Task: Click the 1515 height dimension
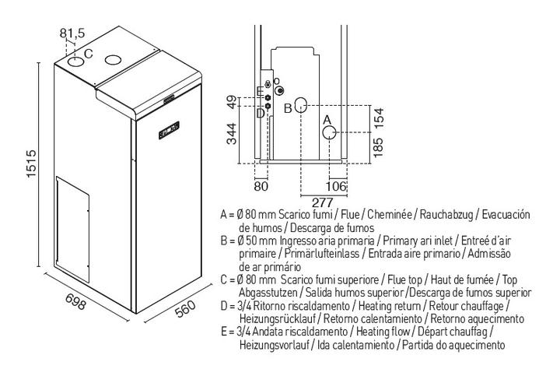[x=31, y=163]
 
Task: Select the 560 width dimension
[x=186, y=308]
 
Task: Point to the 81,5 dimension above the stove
[x=72, y=33]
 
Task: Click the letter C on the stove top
[x=88, y=54]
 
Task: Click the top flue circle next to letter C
[x=75, y=61]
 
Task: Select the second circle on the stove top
[x=114, y=60]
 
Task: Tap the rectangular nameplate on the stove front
[x=169, y=129]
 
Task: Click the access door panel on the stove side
[x=72, y=228]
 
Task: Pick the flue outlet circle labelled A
[x=329, y=132]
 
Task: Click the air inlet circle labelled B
[x=302, y=104]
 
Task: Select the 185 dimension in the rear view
[x=377, y=147]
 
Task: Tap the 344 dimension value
[x=232, y=133]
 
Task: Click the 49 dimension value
[x=232, y=102]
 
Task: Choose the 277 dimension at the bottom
[x=322, y=202]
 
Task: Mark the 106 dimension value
[x=336, y=186]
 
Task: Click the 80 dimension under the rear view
[x=261, y=186]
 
